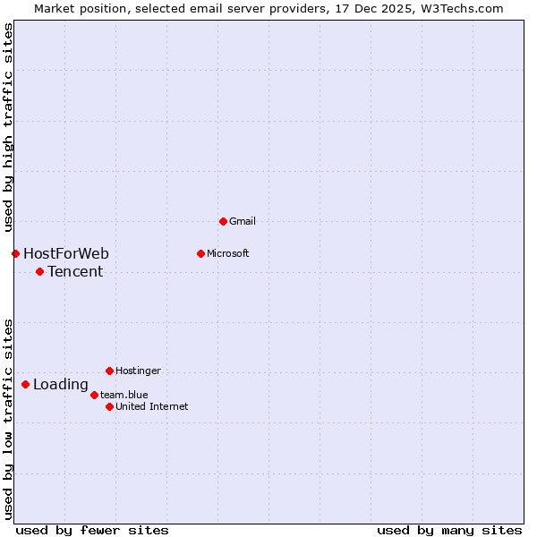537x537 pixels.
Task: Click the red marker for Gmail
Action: pyautogui.click(x=223, y=221)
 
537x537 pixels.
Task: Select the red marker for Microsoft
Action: pyautogui.click(x=200, y=253)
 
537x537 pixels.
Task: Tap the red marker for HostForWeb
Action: pyautogui.click(x=15, y=253)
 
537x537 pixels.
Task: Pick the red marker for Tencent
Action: pyautogui.click(x=39, y=271)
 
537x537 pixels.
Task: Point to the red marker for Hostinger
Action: pyautogui.click(x=109, y=371)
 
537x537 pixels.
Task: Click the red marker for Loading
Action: pyautogui.click(x=25, y=385)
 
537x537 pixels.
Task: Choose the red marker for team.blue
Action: pyautogui.click(x=94, y=395)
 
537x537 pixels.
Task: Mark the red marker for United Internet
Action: pyautogui.click(x=109, y=406)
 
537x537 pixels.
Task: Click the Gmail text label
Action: pyautogui.click(x=243, y=221)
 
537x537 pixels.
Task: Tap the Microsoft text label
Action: pyautogui.click(x=227, y=253)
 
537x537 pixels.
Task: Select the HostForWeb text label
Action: pyautogui.click(x=66, y=253)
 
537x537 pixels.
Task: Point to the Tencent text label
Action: pyautogui.click(x=75, y=271)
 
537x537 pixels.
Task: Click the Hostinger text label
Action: pyautogui.click(x=138, y=371)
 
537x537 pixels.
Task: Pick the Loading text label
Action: pyautogui.click(x=61, y=385)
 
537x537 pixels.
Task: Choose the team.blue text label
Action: pyautogui.click(x=124, y=395)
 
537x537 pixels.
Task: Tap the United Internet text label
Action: pyautogui.click(x=151, y=406)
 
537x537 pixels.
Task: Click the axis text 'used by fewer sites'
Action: pyautogui.click(x=92, y=530)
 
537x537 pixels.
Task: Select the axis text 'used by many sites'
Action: pyautogui.click(x=449, y=530)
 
